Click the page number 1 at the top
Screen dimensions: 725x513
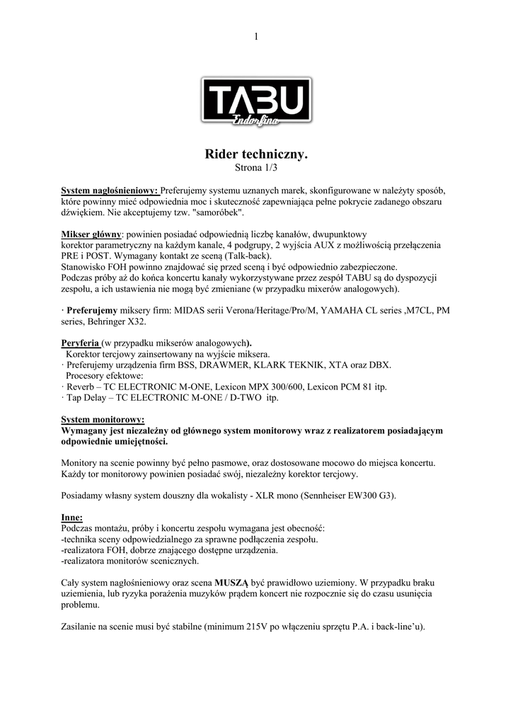(256, 36)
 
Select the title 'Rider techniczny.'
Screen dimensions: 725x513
(256, 154)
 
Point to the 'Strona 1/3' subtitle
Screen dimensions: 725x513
(256, 168)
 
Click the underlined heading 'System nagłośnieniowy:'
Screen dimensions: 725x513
(110, 190)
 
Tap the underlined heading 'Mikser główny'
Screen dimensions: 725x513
(91, 233)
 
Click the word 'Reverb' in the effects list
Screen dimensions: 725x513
(79, 387)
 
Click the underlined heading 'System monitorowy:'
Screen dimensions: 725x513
(103, 419)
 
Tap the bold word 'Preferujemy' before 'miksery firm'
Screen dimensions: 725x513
(92, 310)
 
